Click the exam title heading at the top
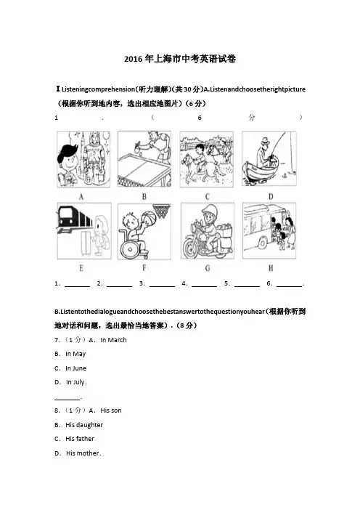coord(180,59)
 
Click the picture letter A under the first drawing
coord(81,196)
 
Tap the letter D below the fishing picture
coord(271,196)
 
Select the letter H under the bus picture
coord(271,268)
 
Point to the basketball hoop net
coord(162,211)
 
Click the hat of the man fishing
coord(266,141)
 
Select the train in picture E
coord(75,218)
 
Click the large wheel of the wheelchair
coord(130,249)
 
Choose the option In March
coord(113,340)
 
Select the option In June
coord(75,368)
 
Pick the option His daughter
coord(84,425)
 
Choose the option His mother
coord(83,453)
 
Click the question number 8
coord(57,410)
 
